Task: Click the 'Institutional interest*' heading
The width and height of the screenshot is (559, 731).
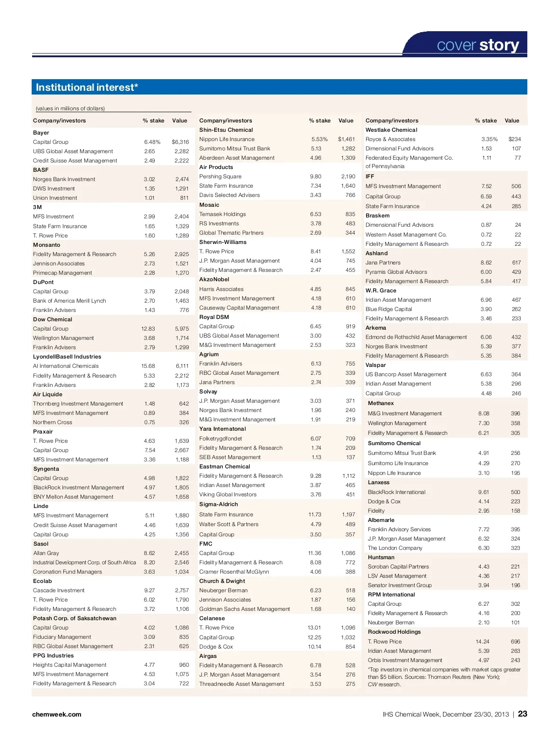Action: [87, 87]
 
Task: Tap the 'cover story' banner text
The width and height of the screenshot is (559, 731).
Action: [477, 45]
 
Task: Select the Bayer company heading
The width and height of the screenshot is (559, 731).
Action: [41, 133]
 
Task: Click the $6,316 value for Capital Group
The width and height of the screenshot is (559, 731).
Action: [180, 142]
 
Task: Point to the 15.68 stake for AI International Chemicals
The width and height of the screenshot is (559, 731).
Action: [148, 366]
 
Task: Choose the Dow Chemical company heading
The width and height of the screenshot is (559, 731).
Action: [53, 319]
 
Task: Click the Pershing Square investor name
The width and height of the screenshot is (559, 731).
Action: [220, 176]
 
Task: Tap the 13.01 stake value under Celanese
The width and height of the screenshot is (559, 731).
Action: [314, 628]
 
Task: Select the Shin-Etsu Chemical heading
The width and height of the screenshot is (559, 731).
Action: [226, 130]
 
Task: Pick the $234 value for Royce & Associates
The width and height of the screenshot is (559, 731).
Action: [515, 139]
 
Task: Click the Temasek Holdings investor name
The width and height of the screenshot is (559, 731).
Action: [223, 214]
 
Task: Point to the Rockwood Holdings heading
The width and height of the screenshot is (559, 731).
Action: [394, 632]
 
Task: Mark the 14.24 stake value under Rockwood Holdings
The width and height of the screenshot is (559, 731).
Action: [483, 642]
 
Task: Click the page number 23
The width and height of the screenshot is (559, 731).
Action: [523, 714]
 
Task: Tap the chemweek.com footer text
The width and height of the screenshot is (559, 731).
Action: [57, 714]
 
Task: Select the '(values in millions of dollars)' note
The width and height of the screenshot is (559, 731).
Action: [70, 108]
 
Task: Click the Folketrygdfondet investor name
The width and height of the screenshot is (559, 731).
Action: [221, 439]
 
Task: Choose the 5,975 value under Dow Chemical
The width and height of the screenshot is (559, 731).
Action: [182, 329]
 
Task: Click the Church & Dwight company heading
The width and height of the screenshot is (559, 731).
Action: [222, 581]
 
